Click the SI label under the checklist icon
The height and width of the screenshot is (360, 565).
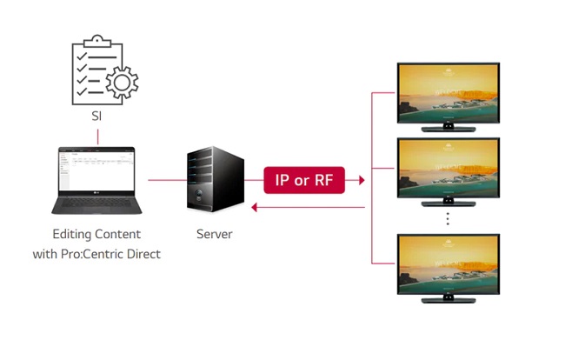(x=97, y=115)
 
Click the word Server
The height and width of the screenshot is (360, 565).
(x=214, y=235)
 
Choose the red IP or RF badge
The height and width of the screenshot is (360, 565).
(x=304, y=181)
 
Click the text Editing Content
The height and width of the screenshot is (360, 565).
(x=96, y=235)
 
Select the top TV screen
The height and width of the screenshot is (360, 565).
(x=448, y=92)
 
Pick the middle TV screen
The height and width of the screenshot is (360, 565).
(x=448, y=169)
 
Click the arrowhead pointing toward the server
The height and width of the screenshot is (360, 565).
(x=253, y=208)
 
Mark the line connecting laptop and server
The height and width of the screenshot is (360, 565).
(x=164, y=181)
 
